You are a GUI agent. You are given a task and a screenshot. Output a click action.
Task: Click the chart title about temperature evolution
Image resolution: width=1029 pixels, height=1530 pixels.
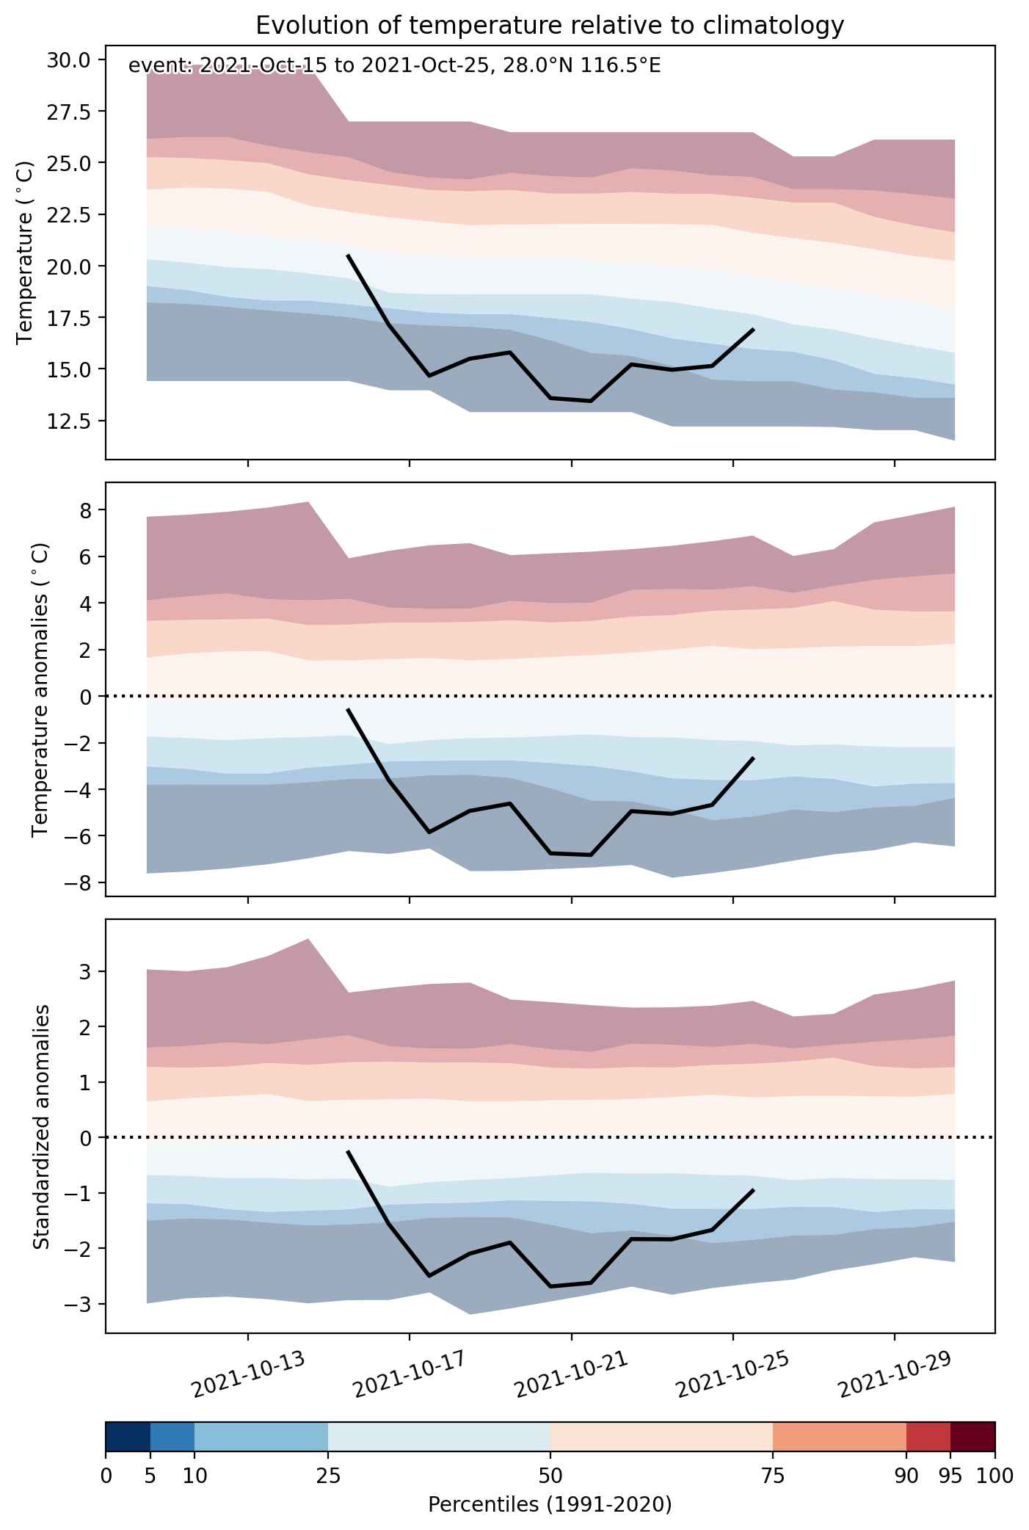click(x=550, y=26)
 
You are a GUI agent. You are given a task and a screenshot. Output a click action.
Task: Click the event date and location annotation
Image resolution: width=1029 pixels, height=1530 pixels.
click(x=395, y=66)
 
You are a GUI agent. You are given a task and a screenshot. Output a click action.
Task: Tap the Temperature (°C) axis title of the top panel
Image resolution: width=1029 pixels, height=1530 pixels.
click(x=26, y=252)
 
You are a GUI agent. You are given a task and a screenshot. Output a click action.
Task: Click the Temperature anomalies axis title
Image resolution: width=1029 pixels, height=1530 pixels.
click(x=41, y=689)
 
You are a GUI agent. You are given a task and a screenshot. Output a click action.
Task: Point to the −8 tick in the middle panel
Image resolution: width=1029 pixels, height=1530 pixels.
click(x=79, y=882)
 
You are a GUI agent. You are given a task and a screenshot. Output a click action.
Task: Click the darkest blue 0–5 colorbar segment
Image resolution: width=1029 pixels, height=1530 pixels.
click(x=128, y=1446)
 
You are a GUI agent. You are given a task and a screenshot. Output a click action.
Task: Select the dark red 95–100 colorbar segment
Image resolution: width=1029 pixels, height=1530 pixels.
click(x=972, y=1446)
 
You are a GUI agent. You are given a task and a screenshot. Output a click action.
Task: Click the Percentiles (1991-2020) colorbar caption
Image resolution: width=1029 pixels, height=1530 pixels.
click(x=550, y=1505)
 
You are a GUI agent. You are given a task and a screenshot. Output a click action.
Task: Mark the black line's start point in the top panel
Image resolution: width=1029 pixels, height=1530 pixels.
click(x=347, y=255)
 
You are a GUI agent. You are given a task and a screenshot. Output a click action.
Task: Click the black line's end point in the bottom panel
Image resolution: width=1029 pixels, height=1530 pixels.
click(x=753, y=1190)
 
